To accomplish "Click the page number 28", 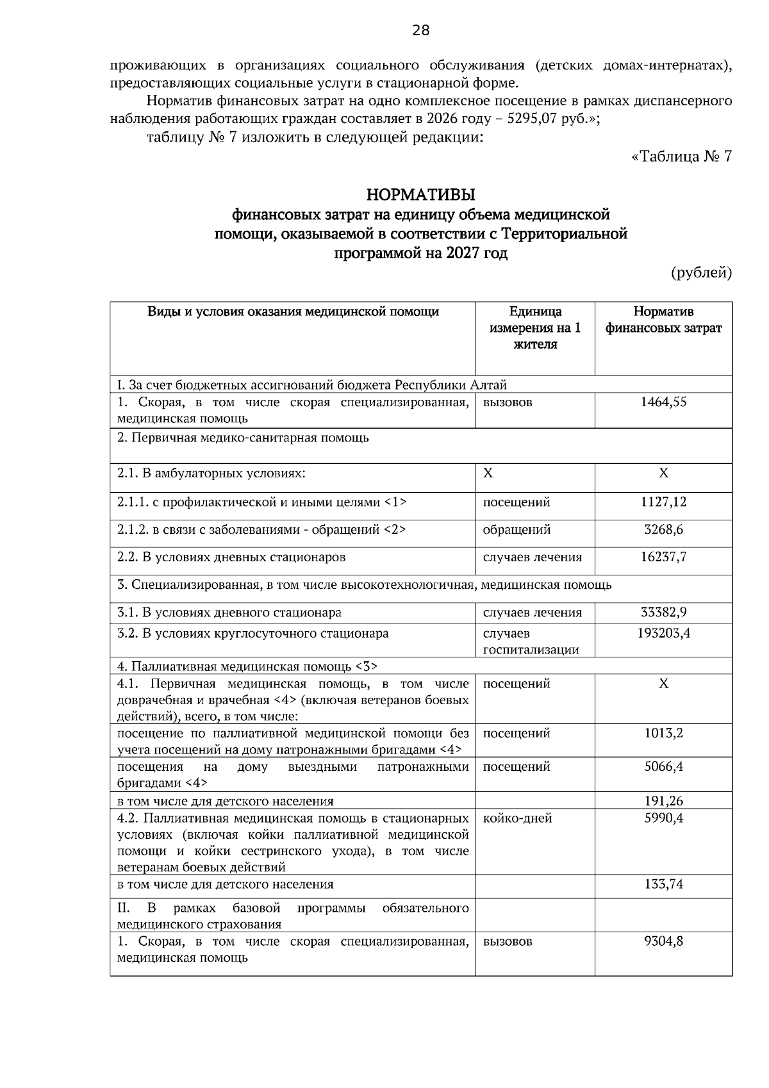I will (x=420, y=30).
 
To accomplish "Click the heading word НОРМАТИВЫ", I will (x=420, y=194).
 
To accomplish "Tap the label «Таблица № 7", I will (x=681, y=157).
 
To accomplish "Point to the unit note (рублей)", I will (x=701, y=273).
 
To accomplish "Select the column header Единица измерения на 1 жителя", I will (x=535, y=328).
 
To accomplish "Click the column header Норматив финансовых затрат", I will (x=663, y=320).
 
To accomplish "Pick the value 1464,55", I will (x=663, y=402).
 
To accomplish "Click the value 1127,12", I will (x=663, y=502).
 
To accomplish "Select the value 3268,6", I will (x=663, y=530).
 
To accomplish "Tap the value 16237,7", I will (x=663, y=557).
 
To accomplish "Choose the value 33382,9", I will (x=663, y=613).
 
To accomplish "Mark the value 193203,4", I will (x=663, y=634).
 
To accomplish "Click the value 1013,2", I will (x=663, y=733).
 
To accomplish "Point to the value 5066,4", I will (x=663, y=767).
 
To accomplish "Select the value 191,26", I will (x=663, y=801).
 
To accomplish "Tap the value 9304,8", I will (x=663, y=942).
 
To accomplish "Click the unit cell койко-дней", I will (x=517, y=818).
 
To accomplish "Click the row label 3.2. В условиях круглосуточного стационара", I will (x=253, y=634).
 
